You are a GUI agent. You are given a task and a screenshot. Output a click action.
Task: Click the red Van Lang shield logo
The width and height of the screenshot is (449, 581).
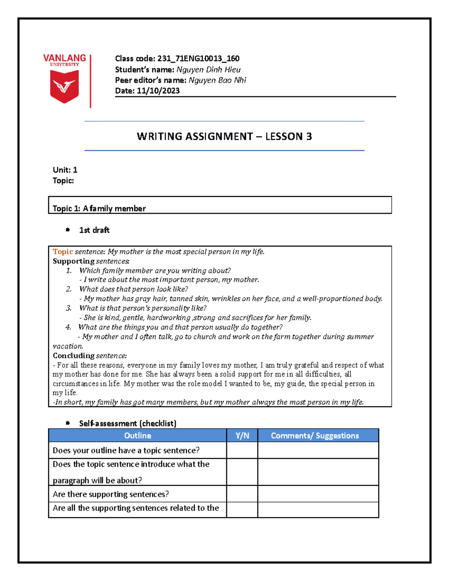click(x=64, y=86)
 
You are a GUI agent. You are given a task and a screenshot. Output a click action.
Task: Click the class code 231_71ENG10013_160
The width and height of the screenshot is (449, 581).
click(x=198, y=58)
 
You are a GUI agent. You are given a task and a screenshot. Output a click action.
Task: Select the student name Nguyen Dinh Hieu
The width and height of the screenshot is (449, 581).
click(x=208, y=70)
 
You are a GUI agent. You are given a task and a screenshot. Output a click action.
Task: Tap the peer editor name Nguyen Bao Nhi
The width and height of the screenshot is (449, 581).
click(x=217, y=80)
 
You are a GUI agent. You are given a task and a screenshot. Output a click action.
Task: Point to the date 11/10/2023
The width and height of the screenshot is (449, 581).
click(x=158, y=91)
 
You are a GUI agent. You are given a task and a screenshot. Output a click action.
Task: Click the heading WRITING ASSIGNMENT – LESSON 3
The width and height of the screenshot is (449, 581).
click(x=224, y=136)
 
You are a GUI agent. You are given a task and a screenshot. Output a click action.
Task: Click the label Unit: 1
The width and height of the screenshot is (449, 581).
click(x=65, y=170)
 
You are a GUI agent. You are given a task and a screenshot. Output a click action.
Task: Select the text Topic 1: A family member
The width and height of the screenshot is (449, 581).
click(x=99, y=208)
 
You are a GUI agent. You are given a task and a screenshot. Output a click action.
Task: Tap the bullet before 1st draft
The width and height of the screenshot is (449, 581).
click(x=68, y=230)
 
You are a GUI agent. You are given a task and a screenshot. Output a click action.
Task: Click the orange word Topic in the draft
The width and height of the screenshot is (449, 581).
click(x=62, y=251)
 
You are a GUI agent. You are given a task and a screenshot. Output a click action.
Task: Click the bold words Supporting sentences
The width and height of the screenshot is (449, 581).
click(x=91, y=261)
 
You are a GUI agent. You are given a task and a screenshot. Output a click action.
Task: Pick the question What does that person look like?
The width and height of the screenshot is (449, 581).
click(x=134, y=289)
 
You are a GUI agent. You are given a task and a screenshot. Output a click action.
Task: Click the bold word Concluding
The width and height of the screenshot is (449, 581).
click(x=73, y=355)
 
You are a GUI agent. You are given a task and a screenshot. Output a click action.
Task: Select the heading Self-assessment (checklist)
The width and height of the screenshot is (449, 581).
click(x=128, y=423)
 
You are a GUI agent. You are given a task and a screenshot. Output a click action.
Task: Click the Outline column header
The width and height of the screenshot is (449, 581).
click(x=137, y=435)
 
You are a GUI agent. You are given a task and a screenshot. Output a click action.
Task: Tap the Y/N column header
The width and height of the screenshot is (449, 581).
click(x=242, y=435)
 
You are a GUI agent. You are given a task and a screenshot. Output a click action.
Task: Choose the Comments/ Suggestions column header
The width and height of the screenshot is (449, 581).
click(x=315, y=435)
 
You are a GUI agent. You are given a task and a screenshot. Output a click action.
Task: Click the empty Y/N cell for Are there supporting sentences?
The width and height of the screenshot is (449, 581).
click(x=242, y=494)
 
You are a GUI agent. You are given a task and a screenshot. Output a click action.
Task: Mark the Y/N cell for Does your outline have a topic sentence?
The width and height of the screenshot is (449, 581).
click(x=242, y=450)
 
